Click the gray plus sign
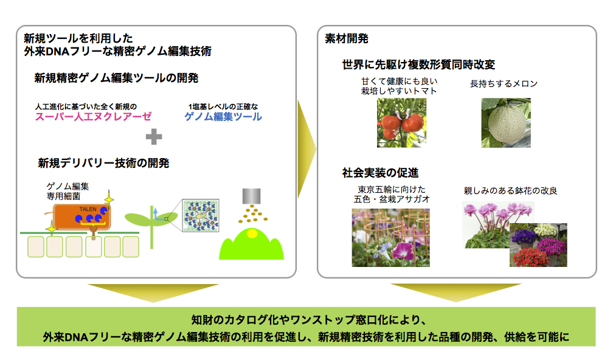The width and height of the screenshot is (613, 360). click(x=154, y=136)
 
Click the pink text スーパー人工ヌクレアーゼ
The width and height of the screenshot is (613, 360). click(x=93, y=117)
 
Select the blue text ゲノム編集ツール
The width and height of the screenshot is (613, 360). click(x=223, y=117)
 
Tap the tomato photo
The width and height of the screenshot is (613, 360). click(x=401, y=123)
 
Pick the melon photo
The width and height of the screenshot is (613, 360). click(x=506, y=123)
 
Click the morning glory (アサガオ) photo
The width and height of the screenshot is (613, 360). click(x=390, y=238)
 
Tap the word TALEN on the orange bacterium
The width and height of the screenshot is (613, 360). click(x=88, y=209)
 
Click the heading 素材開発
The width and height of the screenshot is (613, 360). click(x=347, y=39)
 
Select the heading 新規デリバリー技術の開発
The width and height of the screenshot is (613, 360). click(x=103, y=163)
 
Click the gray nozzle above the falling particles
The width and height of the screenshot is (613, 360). click(x=251, y=196)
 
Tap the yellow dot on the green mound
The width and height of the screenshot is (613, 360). click(x=252, y=234)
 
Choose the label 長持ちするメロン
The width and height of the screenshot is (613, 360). click(x=504, y=84)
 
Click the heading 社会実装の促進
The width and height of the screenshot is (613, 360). click(x=381, y=173)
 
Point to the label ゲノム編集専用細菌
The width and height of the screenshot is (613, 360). click(x=68, y=191)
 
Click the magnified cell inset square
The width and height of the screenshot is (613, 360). click(x=201, y=215)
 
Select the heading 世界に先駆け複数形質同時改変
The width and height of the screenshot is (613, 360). click(x=418, y=64)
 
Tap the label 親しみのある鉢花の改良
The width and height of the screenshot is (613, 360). click(x=511, y=191)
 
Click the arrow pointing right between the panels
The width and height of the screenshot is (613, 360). click(x=306, y=149)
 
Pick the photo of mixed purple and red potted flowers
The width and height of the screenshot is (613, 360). click(x=538, y=245)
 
